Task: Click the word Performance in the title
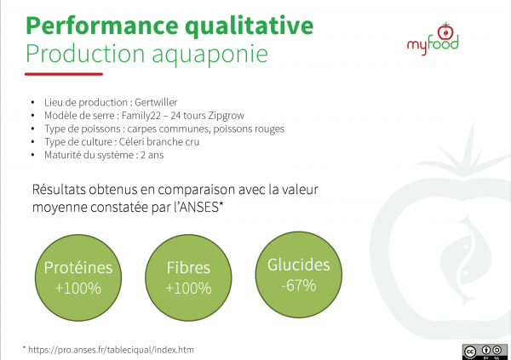(102, 26)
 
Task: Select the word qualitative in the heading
(250, 26)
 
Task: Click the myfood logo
(433, 39)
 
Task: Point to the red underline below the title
(64, 74)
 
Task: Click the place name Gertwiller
(156, 102)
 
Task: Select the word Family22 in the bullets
(141, 116)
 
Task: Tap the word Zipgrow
(227, 116)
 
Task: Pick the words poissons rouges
(249, 129)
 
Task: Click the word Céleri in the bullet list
(132, 142)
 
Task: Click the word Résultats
(59, 189)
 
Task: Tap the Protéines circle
(78, 277)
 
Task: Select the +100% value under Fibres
(188, 289)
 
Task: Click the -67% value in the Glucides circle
(299, 285)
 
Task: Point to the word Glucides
(299, 265)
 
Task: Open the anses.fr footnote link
(111, 350)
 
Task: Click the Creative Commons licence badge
(485, 351)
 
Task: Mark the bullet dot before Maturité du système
(32, 155)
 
